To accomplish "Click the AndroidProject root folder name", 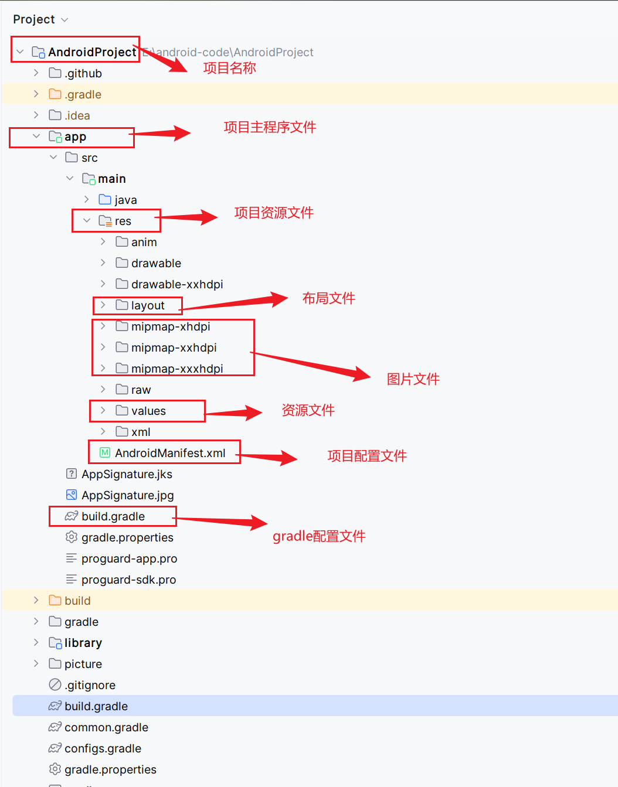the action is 92,52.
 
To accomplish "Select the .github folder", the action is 83,73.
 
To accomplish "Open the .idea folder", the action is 77,115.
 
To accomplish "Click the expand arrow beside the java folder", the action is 87,200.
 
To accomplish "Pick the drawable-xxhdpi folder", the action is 177,284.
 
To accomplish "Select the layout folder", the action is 148,305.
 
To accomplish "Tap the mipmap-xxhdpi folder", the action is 174,347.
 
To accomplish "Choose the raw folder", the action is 141,390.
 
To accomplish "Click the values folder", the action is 148,411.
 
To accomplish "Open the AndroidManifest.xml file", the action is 170,453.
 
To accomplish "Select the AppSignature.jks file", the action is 127,474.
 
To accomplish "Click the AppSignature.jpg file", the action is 127,495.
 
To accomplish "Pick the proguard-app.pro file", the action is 129,558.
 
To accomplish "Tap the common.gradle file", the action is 106,727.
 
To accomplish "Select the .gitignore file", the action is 90,685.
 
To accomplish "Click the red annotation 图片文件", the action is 413,379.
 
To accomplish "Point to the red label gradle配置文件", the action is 319,536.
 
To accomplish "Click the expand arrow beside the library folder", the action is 36,643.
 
